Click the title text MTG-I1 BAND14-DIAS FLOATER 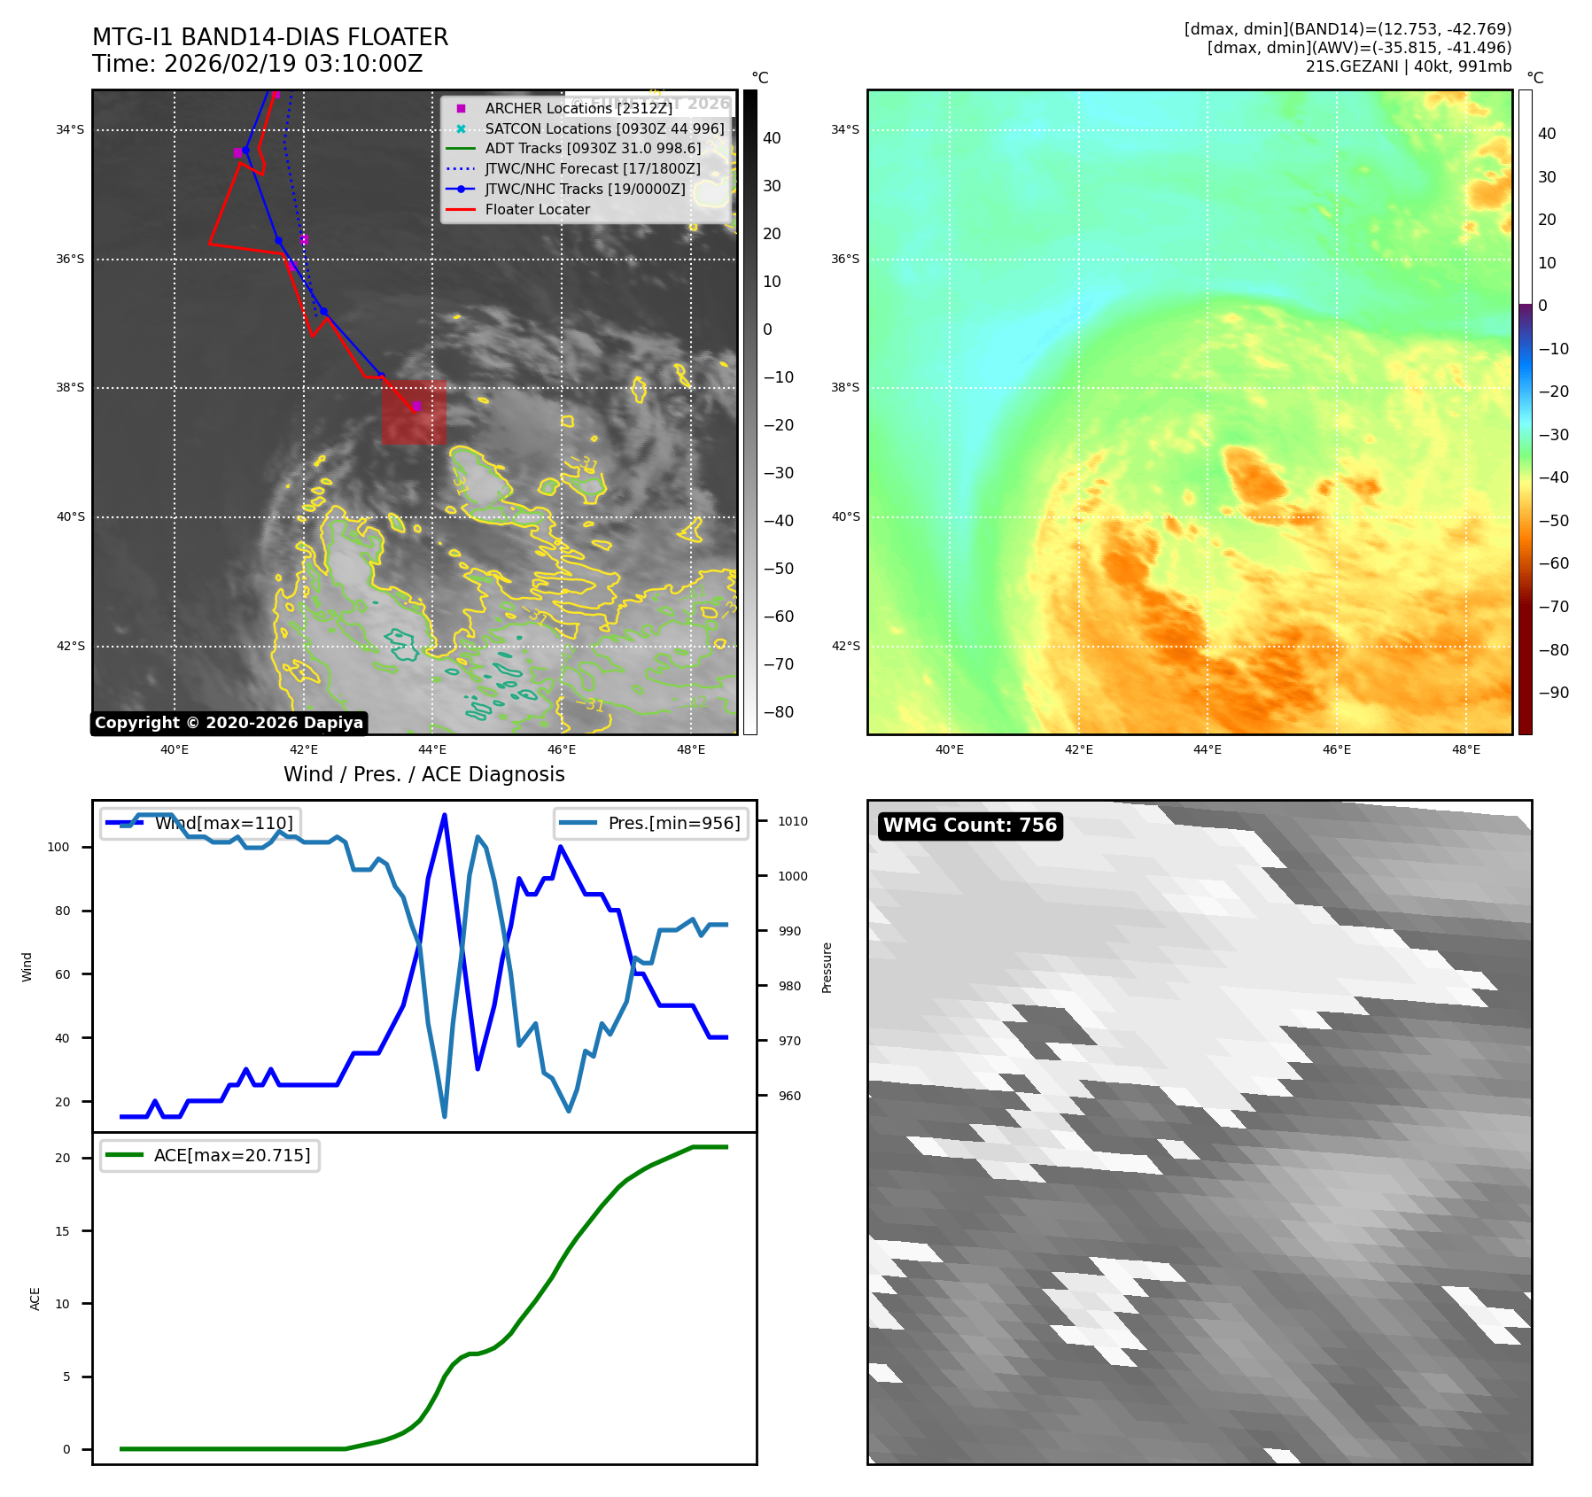pos(270,37)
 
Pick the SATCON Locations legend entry pos(603,128)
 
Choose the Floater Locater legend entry pos(537,210)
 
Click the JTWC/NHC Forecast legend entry pos(592,169)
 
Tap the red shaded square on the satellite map pos(414,412)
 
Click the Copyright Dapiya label pos(229,723)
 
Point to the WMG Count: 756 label pos(969,826)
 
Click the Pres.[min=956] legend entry pos(673,823)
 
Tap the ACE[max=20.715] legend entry pos(231,1155)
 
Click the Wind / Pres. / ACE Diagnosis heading pos(423,774)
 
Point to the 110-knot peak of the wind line pos(444,815)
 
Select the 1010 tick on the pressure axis pos(792,821)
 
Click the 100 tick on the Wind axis pos(58,847)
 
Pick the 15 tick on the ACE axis pos(62,1231)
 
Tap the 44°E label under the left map pos(432,750)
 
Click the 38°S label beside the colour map pos(844,388)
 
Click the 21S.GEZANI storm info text pos(1408,66)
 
